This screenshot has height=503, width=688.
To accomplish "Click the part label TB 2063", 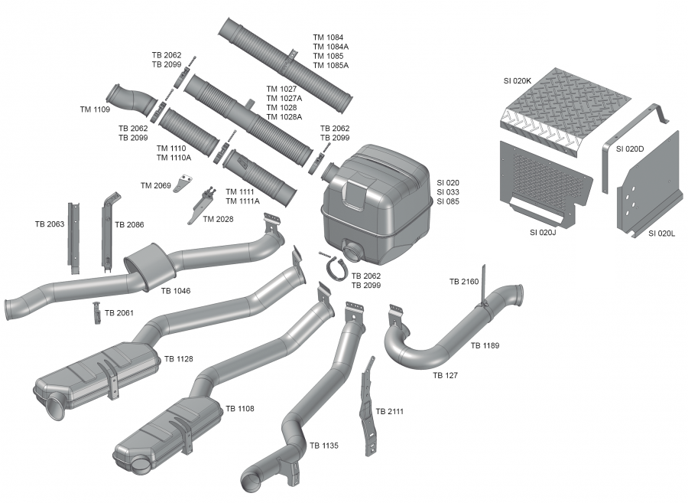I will click(x=50, y=224).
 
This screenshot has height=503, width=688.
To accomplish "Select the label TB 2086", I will click(x=130, y=225).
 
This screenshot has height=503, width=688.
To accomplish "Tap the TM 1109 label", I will click(x=95, y=109).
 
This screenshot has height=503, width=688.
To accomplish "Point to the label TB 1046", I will click(x=176, y=291).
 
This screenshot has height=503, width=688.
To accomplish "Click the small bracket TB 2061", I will click(x=97, y=312).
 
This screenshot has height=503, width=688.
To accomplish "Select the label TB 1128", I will click(x=179, y=358).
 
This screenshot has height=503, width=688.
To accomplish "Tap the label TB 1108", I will click(x=240, y=408).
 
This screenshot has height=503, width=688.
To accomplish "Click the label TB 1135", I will click(x=324, y=445).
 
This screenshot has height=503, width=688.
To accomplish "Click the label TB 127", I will click(x=446, y=375).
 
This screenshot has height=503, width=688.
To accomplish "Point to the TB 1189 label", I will click(x=485, y=346).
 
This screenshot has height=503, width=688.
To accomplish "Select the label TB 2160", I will click(x=464, y=282).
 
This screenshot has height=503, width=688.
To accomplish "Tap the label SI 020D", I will click(x=629, y=149).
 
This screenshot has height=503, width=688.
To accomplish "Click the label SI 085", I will click(x=448, y=201).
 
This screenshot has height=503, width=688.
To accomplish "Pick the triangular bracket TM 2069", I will click(x=183, y=185).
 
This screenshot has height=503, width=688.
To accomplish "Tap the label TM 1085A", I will click(x=330, y=65).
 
